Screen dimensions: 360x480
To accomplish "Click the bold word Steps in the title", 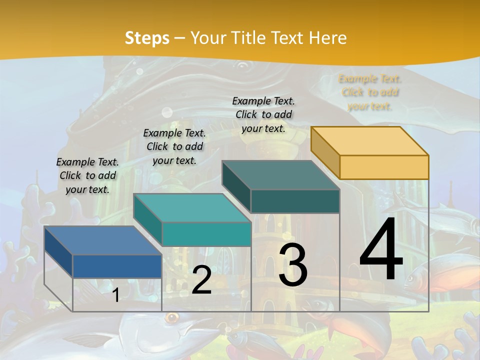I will click(x=146, y=38).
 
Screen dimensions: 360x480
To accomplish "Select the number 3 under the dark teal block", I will click(x=293, y=265).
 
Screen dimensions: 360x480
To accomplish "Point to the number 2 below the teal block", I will click(x=201, y=280).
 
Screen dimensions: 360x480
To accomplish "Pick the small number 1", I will click(x=115, y=295).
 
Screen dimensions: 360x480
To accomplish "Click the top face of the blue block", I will click(x=102, y=240).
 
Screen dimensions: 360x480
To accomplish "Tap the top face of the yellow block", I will click(x=369, y=140).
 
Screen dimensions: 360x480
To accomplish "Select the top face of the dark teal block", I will click(x=280, y=175).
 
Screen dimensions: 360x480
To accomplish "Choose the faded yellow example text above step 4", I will click(x=370, y=92).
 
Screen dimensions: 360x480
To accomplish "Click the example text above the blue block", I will click(x=87, y=175).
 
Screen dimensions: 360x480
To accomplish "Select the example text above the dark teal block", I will click(x=263, y=114).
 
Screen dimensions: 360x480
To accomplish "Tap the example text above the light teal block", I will click(x=174, y=146).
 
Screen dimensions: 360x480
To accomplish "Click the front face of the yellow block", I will click(x=384, y=167).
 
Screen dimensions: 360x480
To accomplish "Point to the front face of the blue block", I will click(x=117, y=266).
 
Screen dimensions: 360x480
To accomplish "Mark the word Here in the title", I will click(x=328, y=38).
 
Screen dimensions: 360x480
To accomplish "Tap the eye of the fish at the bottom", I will click(x=173, y=317).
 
